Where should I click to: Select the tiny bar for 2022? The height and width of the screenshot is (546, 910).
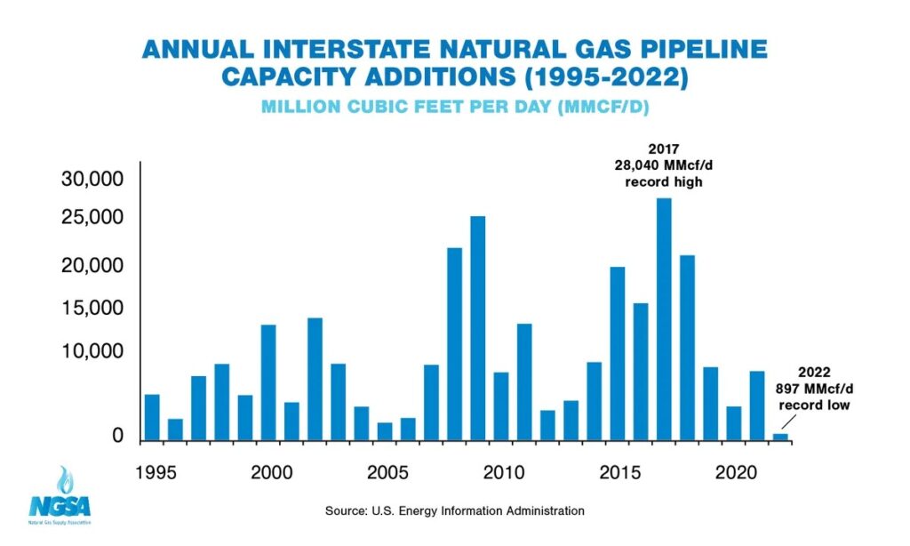[x=780, y=436]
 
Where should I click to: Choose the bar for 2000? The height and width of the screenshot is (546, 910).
[x=268, y=381]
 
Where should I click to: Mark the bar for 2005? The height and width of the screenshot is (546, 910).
[x=385, y=430]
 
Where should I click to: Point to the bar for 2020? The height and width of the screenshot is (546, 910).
[x=734, y=422]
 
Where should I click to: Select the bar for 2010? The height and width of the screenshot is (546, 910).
[x=501, y=405]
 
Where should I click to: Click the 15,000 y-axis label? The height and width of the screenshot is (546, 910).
[x=93, y=309]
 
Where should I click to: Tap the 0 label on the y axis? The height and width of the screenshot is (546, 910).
[x=117, y=437]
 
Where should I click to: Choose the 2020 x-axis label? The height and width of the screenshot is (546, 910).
[x=735, y=470]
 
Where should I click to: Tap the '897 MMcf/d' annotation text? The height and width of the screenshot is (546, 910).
[x=814, y=389]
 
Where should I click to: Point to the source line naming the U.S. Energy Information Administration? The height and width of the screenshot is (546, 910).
[x=454, y=510]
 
